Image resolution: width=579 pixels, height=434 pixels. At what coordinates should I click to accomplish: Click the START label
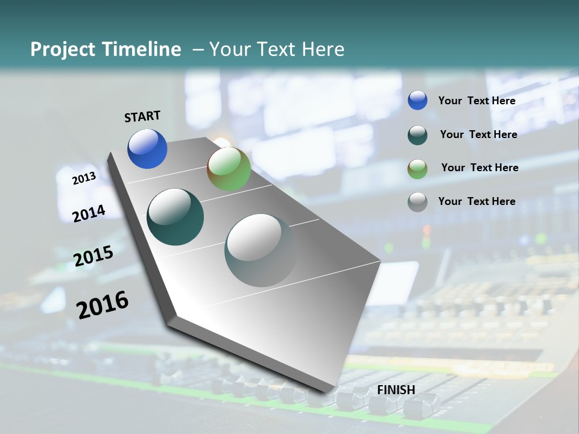142,116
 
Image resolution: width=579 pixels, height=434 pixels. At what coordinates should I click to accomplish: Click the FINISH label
396,390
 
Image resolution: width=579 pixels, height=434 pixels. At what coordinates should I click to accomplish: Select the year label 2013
84,178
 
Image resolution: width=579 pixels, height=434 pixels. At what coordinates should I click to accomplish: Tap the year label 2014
89,213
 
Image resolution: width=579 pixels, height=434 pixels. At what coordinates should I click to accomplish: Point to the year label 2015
93,256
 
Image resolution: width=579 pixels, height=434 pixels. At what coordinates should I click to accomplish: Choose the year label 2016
103,304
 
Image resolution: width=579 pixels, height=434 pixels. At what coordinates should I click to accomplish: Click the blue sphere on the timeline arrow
147,148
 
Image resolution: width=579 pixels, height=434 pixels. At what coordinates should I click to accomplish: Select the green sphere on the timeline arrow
229,169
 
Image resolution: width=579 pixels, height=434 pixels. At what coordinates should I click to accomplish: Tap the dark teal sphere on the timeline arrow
175,217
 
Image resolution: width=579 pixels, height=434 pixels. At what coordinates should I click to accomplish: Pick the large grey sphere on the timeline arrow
261,250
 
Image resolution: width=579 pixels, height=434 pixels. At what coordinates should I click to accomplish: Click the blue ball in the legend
417,100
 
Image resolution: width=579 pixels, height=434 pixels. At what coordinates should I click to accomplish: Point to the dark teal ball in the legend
417,134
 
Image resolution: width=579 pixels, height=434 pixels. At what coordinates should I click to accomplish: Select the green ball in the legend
417,168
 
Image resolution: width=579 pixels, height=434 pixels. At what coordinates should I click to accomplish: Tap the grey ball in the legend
417,201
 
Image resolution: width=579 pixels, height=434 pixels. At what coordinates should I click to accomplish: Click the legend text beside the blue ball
476,101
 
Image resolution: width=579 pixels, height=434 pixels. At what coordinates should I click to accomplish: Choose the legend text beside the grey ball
476,201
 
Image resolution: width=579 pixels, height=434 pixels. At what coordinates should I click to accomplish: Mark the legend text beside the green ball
479,168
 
